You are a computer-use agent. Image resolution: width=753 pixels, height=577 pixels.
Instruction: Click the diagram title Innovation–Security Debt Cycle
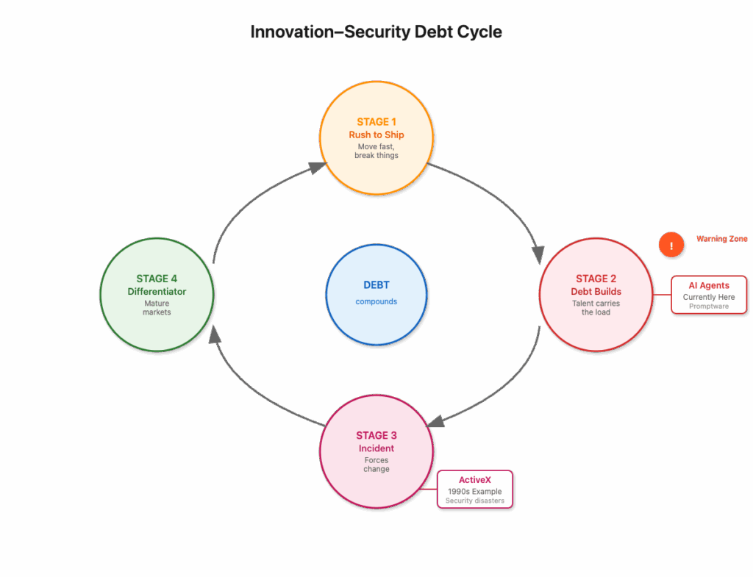376,32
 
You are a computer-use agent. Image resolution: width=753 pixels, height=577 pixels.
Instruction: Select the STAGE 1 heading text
376,122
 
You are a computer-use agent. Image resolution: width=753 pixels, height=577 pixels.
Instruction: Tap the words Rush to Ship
376,135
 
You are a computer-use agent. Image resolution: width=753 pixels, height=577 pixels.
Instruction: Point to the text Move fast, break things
376,151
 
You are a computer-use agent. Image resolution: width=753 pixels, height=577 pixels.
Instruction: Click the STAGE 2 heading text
596,279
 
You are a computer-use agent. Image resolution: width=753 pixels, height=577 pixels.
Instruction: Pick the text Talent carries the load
596,308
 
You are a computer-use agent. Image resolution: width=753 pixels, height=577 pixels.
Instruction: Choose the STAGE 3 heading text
376,435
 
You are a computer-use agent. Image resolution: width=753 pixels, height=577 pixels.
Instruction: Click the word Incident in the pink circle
376,448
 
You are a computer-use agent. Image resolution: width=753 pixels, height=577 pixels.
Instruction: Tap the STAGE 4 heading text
157,279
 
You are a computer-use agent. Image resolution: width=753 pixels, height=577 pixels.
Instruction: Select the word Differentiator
157,291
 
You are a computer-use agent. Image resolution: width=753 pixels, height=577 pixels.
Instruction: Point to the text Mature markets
157,308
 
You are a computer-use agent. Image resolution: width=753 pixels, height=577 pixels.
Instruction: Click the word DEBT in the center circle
376,285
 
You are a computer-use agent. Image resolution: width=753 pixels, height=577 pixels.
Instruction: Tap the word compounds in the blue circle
376,301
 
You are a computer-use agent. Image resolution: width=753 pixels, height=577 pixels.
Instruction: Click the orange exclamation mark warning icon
671,245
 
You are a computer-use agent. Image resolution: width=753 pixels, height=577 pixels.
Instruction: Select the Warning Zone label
722,239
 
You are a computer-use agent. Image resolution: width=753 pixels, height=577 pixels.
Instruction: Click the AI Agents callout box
709,295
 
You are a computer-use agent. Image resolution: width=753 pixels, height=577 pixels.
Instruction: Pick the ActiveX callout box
475,489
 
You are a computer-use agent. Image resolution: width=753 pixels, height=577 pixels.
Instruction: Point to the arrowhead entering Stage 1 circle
318,167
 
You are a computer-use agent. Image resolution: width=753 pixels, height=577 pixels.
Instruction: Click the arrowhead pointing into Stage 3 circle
435,420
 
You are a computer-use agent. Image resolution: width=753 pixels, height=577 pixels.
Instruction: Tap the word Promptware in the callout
709,307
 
